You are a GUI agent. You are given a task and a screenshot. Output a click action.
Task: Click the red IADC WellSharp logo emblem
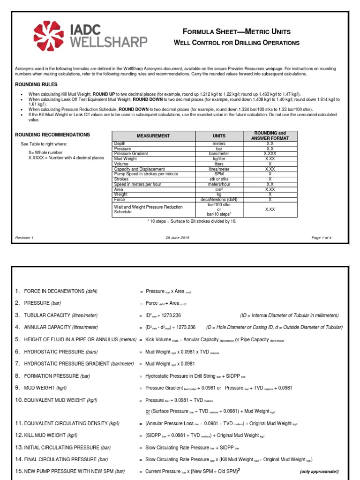click(50, 36)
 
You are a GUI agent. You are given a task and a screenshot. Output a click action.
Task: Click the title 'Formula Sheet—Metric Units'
click(237, 32)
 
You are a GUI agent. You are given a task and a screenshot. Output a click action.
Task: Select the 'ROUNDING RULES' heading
click(36, 85)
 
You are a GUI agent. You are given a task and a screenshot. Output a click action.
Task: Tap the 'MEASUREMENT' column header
click(153, 136)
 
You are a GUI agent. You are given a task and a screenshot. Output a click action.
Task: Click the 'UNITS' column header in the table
click(219, 136)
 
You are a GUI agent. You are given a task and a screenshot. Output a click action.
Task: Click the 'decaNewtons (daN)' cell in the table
click(219, 199)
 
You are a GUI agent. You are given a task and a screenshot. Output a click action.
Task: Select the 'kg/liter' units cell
click(219, 159)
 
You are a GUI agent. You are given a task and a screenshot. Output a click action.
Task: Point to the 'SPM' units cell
click(219, 174)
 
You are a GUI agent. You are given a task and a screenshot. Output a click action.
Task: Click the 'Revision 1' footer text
click(24, 238)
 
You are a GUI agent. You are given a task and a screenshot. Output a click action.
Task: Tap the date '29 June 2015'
click(177, 238)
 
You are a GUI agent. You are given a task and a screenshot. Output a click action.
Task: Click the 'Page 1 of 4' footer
click(322, 238)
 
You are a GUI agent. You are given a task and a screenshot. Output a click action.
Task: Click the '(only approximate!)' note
click(319, 472)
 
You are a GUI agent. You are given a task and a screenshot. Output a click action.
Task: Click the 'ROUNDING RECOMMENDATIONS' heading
click(52, 135)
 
